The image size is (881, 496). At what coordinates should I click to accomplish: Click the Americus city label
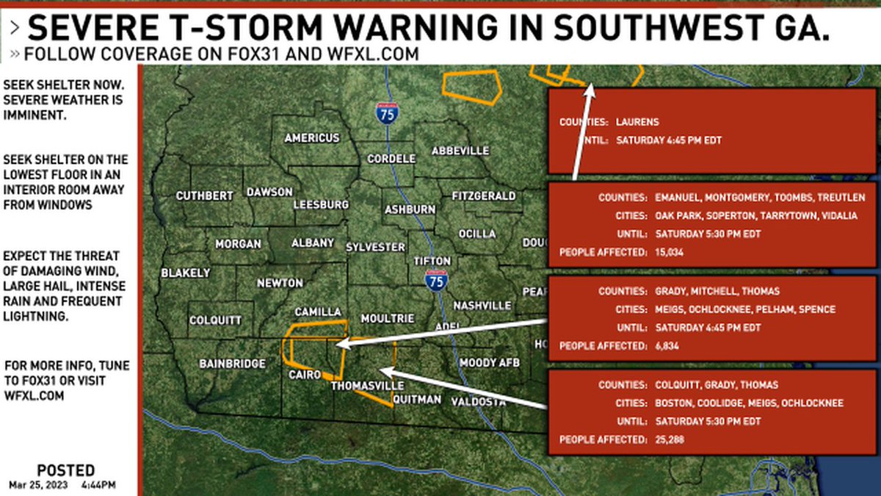click(312, 138)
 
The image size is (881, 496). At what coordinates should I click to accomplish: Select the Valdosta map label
click(478, 401)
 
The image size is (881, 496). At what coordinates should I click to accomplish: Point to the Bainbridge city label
click(232, 364)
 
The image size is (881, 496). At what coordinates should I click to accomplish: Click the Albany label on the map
click(313, 242)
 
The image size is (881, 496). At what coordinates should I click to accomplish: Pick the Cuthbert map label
click(204, 196)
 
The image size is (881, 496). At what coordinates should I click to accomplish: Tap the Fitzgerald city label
click(483, 196)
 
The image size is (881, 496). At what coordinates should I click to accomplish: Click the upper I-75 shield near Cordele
click(386, 112)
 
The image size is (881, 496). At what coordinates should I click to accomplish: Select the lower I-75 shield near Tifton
click(436, 280)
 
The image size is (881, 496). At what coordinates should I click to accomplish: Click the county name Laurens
click(637, 122)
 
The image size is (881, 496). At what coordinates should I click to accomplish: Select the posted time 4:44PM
click(98, 484)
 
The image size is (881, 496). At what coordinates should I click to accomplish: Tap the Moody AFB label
click(489, 363)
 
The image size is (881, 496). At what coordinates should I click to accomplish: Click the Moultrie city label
click(388, 318)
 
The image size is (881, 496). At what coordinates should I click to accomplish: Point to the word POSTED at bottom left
click(65, 470)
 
